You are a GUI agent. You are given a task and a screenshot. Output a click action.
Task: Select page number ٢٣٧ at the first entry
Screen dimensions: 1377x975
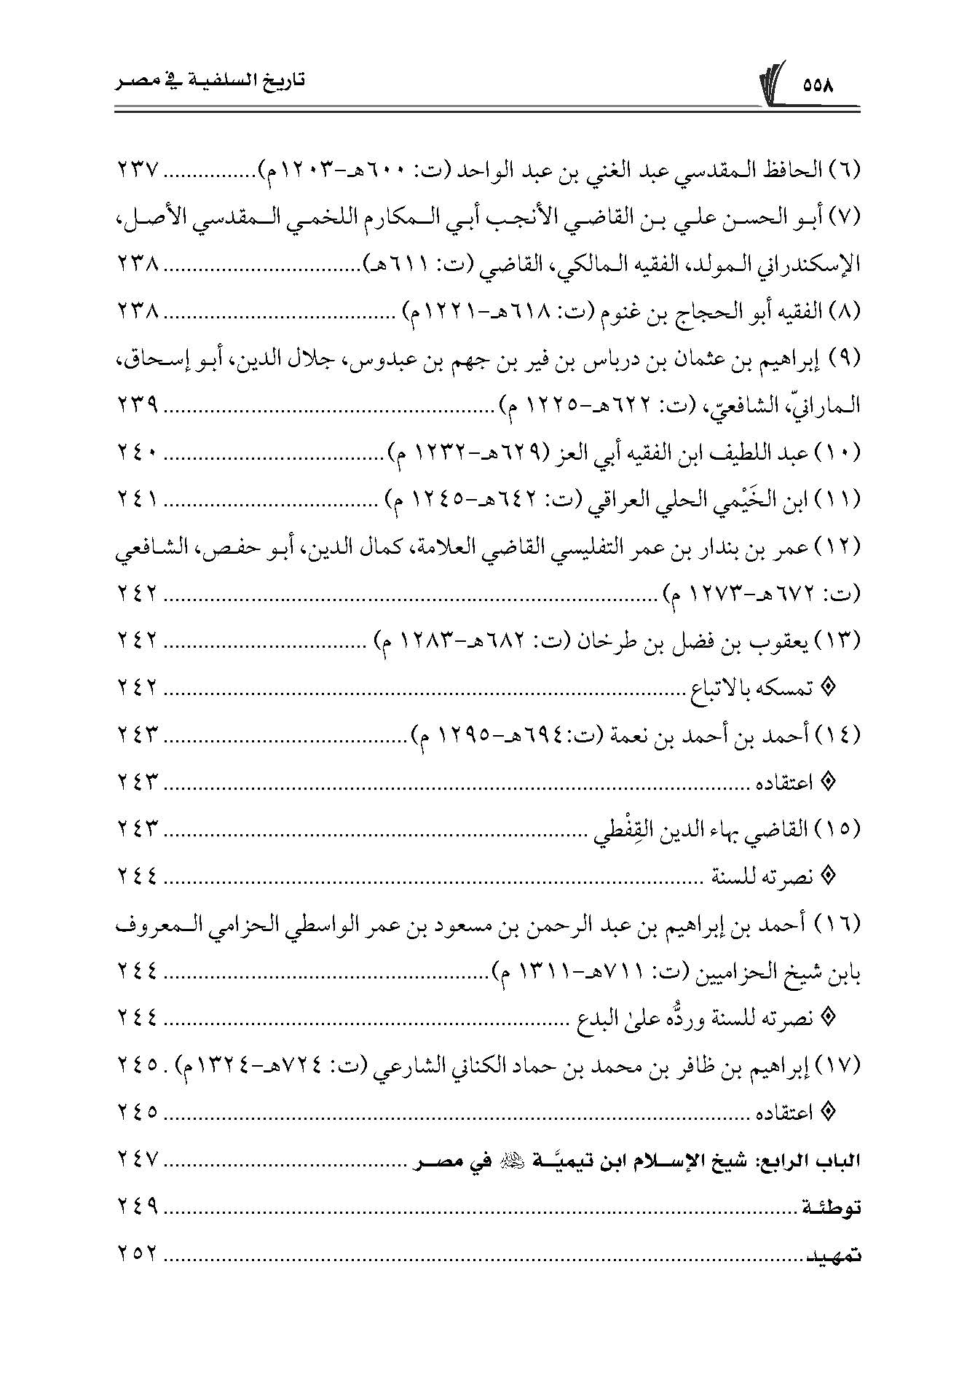point(138,170)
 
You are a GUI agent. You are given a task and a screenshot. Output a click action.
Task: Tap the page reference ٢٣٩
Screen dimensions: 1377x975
point(138,407)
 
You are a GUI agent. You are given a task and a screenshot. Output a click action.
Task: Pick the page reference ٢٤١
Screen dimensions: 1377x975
point(138,501)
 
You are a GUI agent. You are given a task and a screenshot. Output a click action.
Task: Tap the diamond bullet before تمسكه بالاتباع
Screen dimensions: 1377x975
point(826,688)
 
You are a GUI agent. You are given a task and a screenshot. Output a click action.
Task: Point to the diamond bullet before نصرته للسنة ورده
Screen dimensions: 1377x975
point(826,1017)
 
